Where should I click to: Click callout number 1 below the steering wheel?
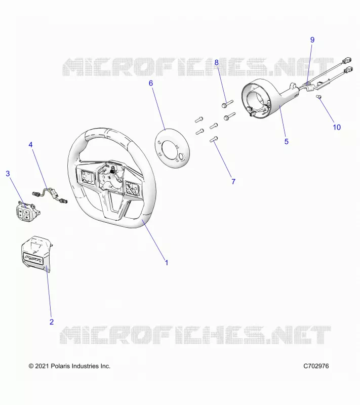coord(167,263)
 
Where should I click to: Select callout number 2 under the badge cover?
coord(52,322)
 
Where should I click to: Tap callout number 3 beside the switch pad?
coord(8,174)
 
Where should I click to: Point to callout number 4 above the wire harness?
coord(31,145)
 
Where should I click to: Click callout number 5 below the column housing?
coord(287,142)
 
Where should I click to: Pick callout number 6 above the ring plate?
coord(151,83)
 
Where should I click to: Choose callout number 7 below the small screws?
coord(233,182)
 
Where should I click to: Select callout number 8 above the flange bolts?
coord(216,62)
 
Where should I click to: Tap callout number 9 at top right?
coord(312,40)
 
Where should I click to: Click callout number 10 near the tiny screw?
coord(337,127)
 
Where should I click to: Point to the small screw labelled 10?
coord(318,97)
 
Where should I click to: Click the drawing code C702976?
coord(316,366)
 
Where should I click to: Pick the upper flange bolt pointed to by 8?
coord(227,104)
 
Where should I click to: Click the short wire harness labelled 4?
coord(49,195)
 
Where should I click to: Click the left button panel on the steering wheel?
coord(86,176)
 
